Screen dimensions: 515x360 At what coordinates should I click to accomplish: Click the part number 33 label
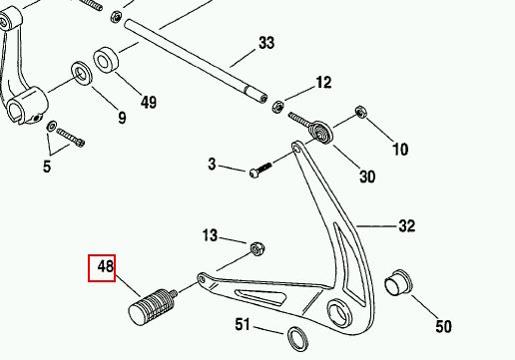click(x=266, y=43)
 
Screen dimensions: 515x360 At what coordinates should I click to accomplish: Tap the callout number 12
click(x=323, y=82)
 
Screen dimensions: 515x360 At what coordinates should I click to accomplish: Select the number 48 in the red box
click(x=106, y=266)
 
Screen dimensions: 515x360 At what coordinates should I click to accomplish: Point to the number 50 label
click(x=443, y=326)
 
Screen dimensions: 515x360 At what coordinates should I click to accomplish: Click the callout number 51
click(x=243, y=324)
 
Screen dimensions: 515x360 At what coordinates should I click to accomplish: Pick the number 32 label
click(x=407, y=226)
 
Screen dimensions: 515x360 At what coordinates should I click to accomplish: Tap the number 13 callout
click(x=210, y=235)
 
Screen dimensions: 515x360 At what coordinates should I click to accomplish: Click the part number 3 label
click(x=212, y=165)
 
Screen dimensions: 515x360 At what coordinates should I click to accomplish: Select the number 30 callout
click(x=367, y=177)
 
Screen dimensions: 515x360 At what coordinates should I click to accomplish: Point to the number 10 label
click(x=400, y=150)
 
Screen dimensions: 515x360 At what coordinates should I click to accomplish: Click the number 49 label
click(x=149, y=103)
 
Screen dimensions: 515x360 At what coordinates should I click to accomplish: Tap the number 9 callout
click(x=122, y=118)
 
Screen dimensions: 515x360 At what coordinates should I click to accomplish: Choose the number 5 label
click(x=47, y=167)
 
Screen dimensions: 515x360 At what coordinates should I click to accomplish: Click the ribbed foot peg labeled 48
click(x=153, y=305)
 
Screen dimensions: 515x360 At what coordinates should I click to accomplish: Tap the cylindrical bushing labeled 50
click(x=398, y=283)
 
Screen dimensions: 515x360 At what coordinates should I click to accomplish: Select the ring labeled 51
click(x=297, y=339)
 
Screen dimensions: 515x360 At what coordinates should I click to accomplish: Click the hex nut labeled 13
click(x=257, y=249)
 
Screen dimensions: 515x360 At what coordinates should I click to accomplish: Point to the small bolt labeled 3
click(x=260, y=170)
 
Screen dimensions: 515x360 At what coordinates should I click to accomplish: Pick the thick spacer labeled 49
click(x=106, y=60)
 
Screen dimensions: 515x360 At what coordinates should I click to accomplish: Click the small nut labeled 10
click(x=360, y=112)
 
